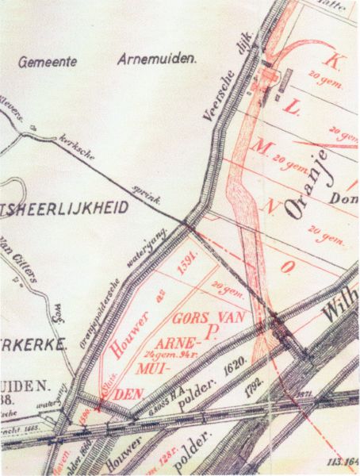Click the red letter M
(x=283, y=143)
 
